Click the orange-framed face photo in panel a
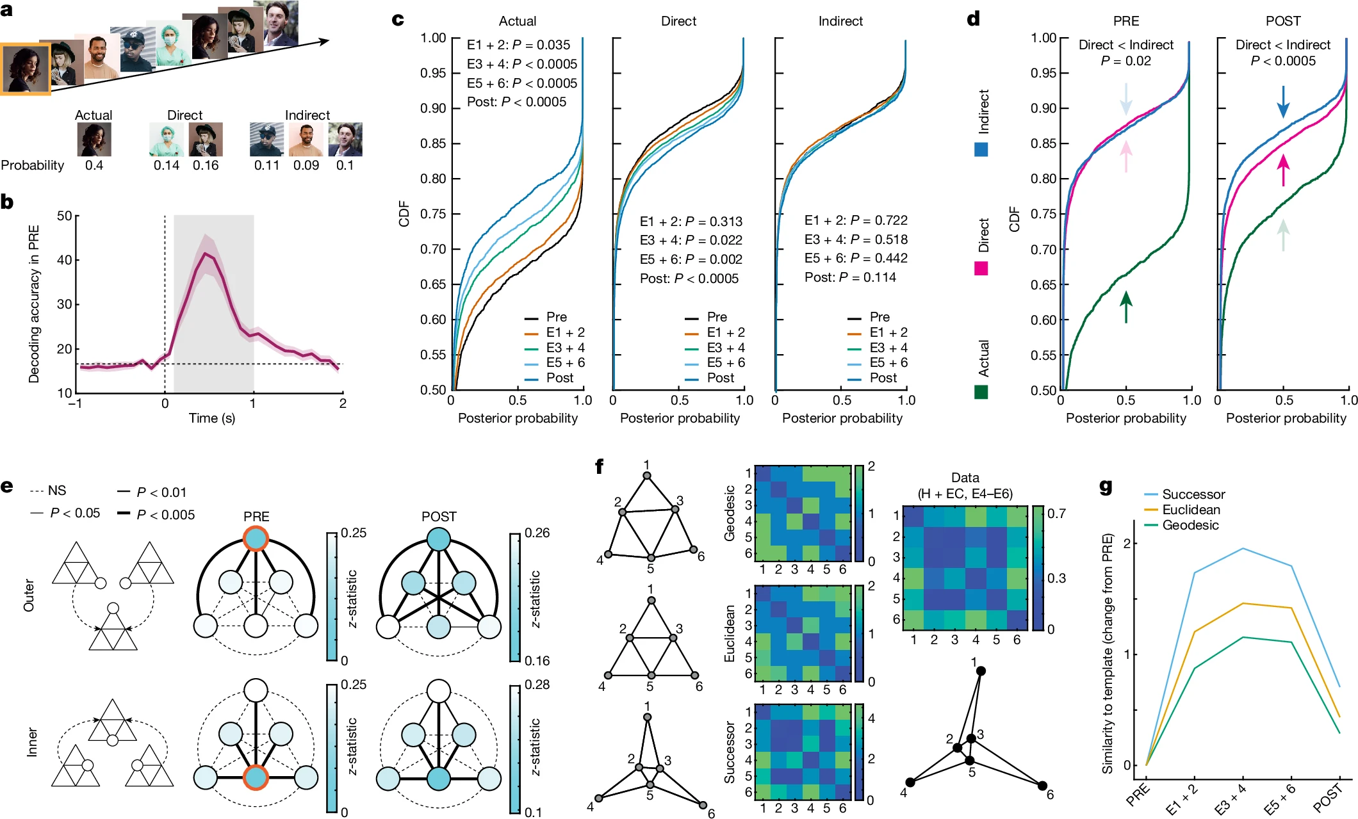coord(26,69)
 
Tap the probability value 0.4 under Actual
coord(94,165)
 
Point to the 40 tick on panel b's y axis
coord(64,260)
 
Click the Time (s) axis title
coord(211,418)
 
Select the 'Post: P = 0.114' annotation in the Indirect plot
coord(850,277)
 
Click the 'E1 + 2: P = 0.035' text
coord(518,45)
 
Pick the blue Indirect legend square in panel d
coord(981,150)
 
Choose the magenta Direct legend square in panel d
coord(981,268)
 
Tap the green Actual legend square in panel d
coord(981,392)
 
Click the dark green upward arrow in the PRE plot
coord(1125,307)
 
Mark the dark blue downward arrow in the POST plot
coord(1283,102)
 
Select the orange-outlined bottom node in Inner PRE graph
coord(256,778)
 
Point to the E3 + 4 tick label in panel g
coord(1231,799)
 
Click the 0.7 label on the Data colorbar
coord(1056,514)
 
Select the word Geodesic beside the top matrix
coord(730,513)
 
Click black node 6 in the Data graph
coord(1042,786)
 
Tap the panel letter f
coord(600,466)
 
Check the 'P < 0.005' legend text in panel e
coord(165,515)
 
